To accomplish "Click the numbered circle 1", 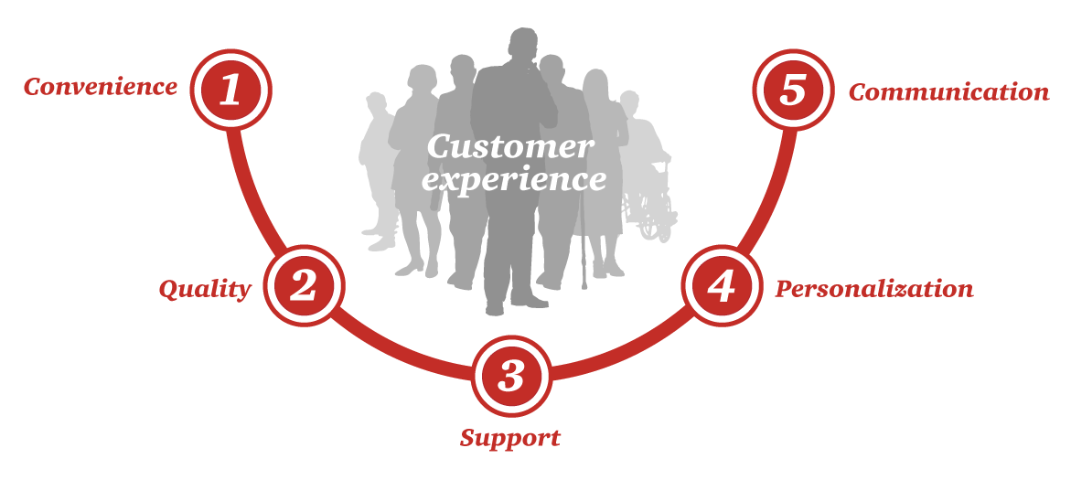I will click(x=230, y=90).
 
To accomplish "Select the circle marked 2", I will click(x=303, y=286).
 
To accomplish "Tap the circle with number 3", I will click(x=512, y=375).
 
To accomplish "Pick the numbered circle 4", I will click(x=722, y=286).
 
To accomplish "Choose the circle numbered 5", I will click(x=793, y=90).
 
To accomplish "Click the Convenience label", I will click(x=101, y=88).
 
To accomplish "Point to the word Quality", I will click(x=205, y=290).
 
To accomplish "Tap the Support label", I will click(x=510, y=438).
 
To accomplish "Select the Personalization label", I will click(x=874, y=290).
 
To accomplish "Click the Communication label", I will click(x=948, y=92).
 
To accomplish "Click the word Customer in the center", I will click(x=509, y=147).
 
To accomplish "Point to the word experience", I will click(x=514, y=179).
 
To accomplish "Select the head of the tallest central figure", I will click(x=523, y=46).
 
